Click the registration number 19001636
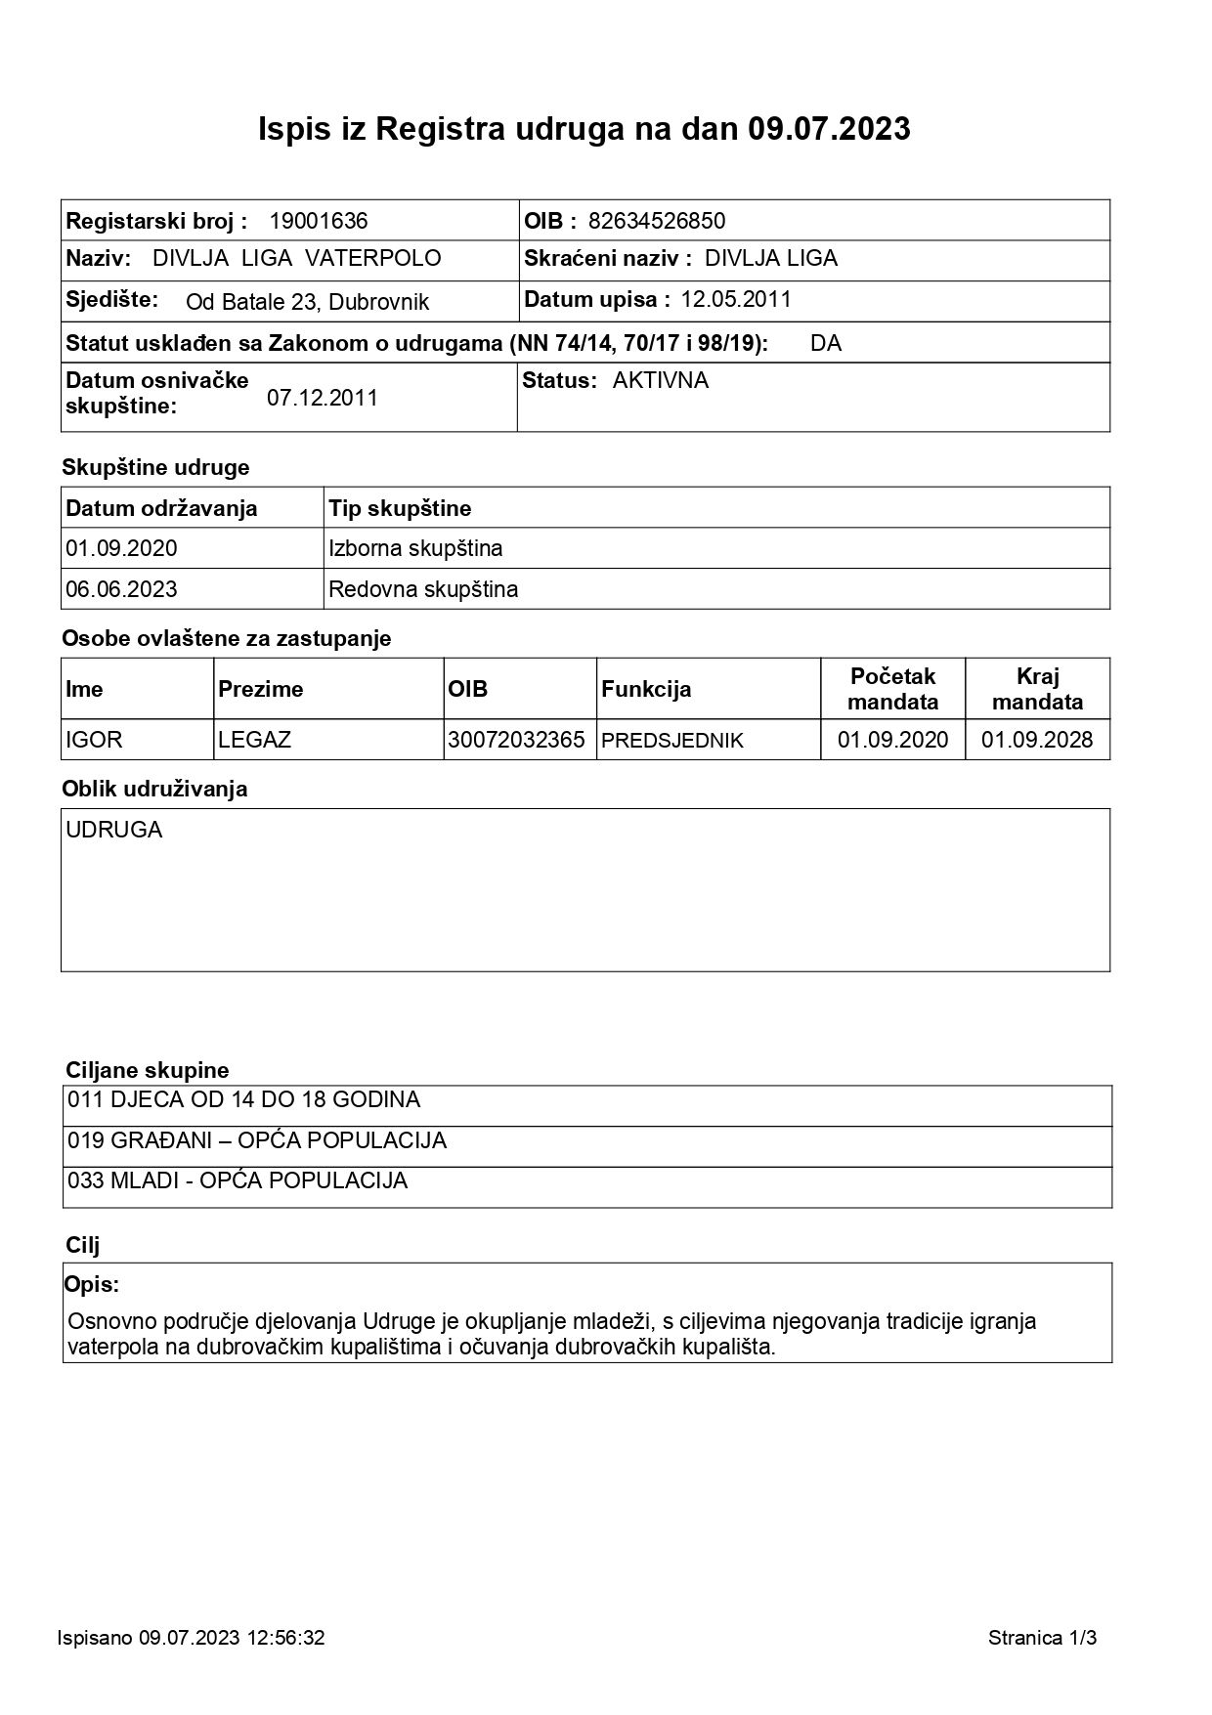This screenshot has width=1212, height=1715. [x=319, y=221]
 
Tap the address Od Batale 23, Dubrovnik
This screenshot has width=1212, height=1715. [x=307, y=302]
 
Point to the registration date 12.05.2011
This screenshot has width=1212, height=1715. [x=736, y=299]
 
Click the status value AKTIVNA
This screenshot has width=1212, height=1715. [x=661, y=380]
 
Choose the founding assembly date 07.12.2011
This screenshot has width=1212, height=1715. [x=323, y=398]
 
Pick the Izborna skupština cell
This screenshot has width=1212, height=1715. [x=416, y=548]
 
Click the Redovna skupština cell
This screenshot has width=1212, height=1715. [x=424, y=589]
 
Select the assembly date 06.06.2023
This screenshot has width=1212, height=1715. [x=122, y=589]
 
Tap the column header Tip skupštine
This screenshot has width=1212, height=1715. [x=400, y=508]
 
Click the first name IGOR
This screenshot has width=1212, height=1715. [x=95, y=740]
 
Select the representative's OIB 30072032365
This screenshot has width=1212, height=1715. [x=516, y=740]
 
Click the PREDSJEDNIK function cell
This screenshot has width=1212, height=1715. [x=672, y=741]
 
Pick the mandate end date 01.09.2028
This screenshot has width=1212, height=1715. [x=1037, y=740]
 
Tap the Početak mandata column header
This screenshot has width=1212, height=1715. [x=892, y=689]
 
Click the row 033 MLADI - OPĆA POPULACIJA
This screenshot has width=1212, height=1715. [x=238, y=1180]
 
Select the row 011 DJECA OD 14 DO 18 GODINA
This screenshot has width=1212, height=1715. [x=244, y=1099]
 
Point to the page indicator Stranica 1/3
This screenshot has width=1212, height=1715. [x=1042, y=1638]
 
